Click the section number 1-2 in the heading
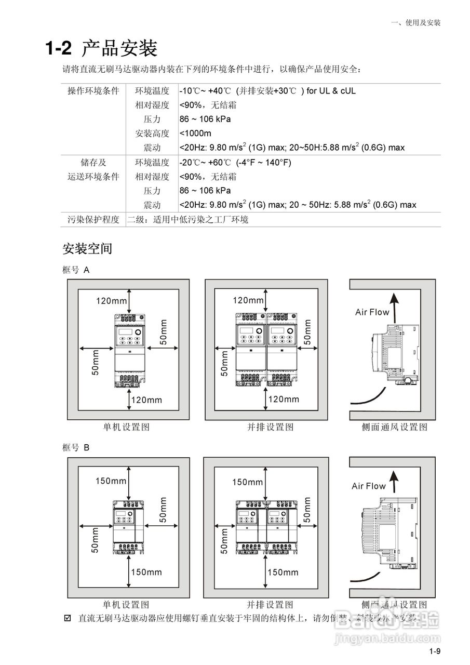point(58,49)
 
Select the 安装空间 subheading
point(87,248)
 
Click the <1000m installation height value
point(195,133)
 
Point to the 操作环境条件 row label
point(93,91)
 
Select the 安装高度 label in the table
point(152,134)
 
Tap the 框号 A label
point(76,270)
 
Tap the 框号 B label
point(76,447)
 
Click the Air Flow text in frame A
point(372,312)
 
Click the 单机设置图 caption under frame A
point(126,427)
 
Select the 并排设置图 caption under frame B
point(270,605)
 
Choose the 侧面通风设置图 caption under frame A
point(395,427)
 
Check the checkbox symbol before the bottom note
point(67,618)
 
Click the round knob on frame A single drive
point(138,332)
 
